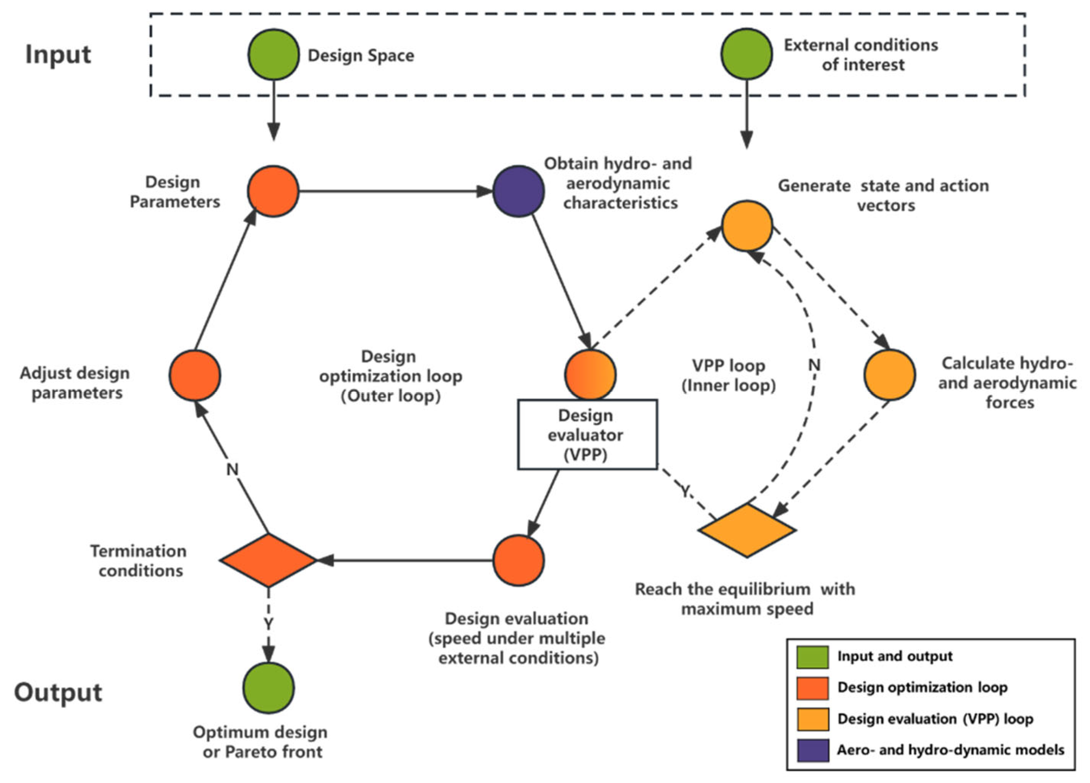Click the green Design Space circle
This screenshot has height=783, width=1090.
[273, 55]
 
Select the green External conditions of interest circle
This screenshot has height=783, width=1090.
[746, 54]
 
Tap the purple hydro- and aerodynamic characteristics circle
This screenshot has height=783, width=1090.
[519, 191]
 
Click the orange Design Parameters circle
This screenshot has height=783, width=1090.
[273, 191]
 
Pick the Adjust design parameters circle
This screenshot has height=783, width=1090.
[195, 375]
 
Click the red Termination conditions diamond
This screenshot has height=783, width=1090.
[268, 560]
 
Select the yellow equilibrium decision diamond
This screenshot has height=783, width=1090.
[746, 531]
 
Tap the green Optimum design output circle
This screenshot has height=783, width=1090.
[268, 687]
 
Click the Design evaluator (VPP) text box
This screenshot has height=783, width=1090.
[587, 434]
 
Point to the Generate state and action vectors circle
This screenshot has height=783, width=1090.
[746, 226]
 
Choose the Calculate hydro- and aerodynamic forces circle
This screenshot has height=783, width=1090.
[889, 375]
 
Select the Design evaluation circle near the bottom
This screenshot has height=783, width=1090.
[519, 560]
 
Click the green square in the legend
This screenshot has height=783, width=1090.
[812, 657]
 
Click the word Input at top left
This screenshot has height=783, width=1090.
[58, 54]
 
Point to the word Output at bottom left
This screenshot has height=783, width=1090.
[58, 692]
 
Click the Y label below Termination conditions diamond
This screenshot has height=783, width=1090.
[268, 623]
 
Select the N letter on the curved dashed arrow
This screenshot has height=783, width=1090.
[814, 365]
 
